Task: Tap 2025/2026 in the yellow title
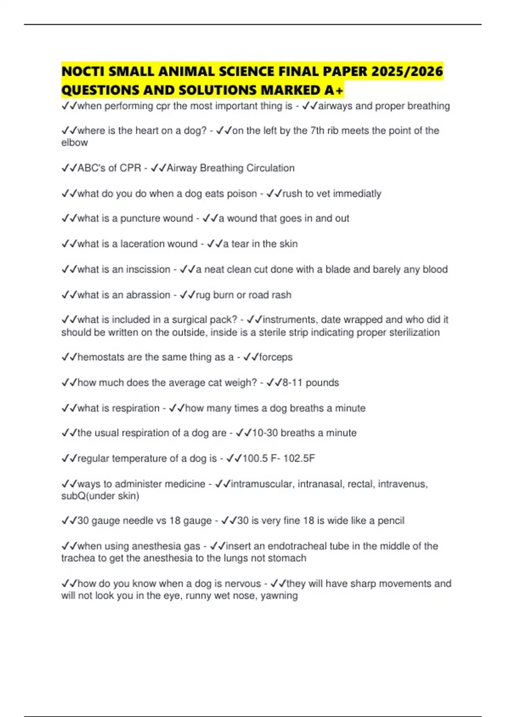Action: tap(407, 72)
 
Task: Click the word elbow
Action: tap(75, 143)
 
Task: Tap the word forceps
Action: tap(276, 357)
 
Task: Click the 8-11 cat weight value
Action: tap(292, 383)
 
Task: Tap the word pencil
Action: tap(391, 520)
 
